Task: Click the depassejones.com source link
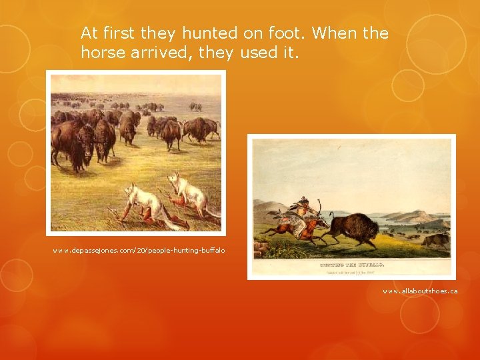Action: pyautogui.click(x=139, y=250)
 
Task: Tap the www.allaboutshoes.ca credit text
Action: pyautogui.click(x=420, y=291)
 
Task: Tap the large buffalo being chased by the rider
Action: pyautogui.click(x=353, y=228)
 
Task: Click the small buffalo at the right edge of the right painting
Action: pyautogui.click(x=437, y=240)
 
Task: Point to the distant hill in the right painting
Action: pyautogui.click(x=413, y=217)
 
